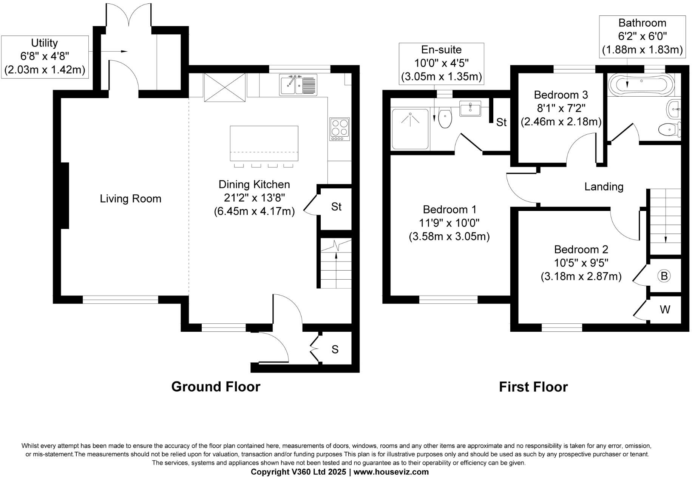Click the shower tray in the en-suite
(x=410, y=129)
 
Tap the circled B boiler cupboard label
(x=664, y=276)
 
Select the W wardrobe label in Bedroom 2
(x=665, y=310)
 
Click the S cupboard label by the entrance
(x=335, y=350)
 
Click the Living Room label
(x=130, y=199)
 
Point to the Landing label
(x=604, y=187)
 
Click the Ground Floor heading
(x=216, y=387)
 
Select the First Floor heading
(x=533, y=387)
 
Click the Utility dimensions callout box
(x=45, y=57)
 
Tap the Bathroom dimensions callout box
(x=642, y=37)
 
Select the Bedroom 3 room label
(x=561, y=95)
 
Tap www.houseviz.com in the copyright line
(x=391, y=472)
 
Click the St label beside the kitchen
(x=336, y=207)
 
